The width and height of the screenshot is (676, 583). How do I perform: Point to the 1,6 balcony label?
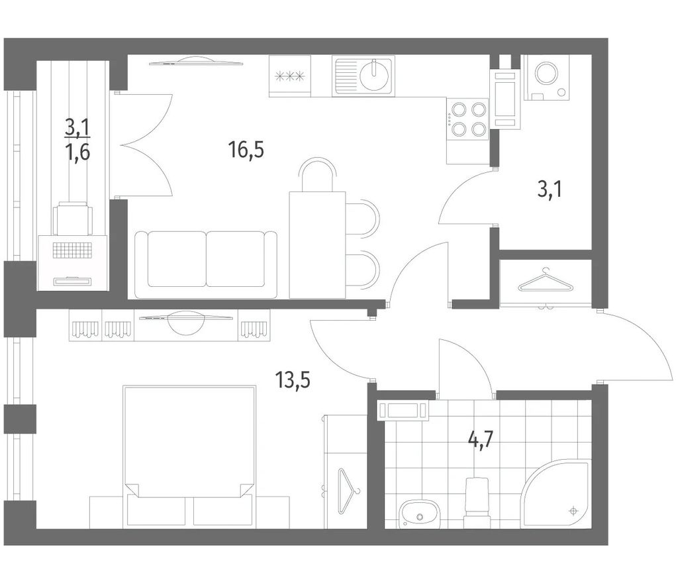tap(77, 152)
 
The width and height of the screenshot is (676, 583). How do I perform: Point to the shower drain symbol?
tap(573, 511)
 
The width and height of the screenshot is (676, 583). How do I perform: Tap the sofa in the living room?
tap(206, 264)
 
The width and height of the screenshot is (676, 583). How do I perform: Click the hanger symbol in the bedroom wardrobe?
tap(348, 491)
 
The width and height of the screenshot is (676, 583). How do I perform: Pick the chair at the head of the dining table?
tap(317, 174)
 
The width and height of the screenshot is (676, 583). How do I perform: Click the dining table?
tap(318, 244)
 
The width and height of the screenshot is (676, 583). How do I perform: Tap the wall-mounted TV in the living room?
tap(197, 61)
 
